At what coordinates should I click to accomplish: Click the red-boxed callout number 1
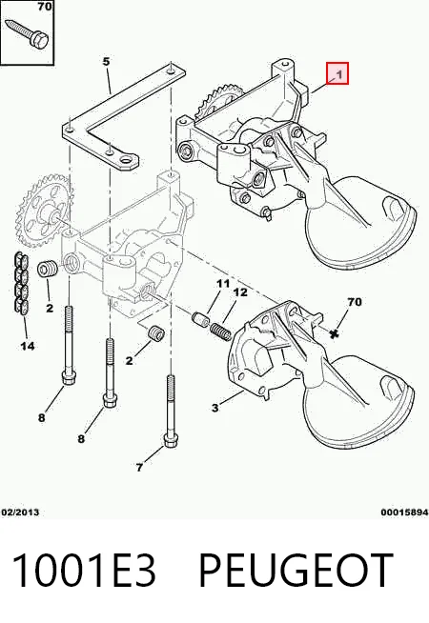click(x=339, y=74)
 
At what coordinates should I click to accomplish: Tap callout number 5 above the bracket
click(x=106, y=62)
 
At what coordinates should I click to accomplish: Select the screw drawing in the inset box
click(x=28, y=32)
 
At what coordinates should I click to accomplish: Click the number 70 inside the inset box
click(x=45, y=7)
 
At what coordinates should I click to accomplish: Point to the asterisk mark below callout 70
click(x=335, y=334)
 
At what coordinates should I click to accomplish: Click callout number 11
click(x=223, y=284)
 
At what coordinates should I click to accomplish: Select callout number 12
click(x=240, y=292)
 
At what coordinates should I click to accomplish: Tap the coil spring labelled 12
click(x=220, y=332)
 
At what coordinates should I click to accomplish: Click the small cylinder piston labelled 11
click(x=200, y=319)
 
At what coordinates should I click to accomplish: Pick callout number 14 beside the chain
click(x=28, y=346)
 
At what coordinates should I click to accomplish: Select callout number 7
click(x=139, y=468)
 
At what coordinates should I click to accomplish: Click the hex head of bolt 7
click(x=171, y=441)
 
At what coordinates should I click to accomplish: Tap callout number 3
click(x=215, y=408)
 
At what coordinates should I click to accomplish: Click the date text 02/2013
click(x=21, y=512)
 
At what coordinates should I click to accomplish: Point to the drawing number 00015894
click(x=404, y=512)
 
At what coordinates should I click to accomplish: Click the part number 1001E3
click(x=84, y=570)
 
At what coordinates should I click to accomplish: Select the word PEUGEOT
click(x=296, y=570)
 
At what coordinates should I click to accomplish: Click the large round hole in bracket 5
click(x=127, y=161)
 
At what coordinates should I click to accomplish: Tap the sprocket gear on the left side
click(x=43, y=211)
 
